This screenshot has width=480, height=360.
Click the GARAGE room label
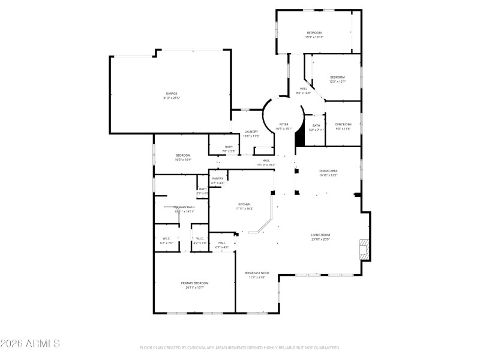[x=172, y=94]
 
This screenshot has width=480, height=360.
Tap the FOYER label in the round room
[x=284, y=124]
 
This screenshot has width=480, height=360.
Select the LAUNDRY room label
[x=251, y=132]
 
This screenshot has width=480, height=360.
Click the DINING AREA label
[x=328, y=171]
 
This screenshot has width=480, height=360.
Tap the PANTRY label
[x=218, y=178]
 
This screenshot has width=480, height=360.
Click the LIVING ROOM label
[x=320, y=235]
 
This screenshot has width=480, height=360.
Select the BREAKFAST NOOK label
[x=257, y=273]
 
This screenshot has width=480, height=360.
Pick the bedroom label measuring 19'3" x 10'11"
[x=314, y=32]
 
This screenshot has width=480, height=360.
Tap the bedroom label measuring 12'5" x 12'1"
[x=337, y=77]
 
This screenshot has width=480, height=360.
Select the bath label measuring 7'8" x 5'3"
[x=229, y=147]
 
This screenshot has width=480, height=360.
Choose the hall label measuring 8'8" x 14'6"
[x=304, y=89]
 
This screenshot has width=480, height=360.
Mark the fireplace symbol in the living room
[x=364, y=249]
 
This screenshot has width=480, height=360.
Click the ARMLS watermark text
[x=30, y=344]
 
